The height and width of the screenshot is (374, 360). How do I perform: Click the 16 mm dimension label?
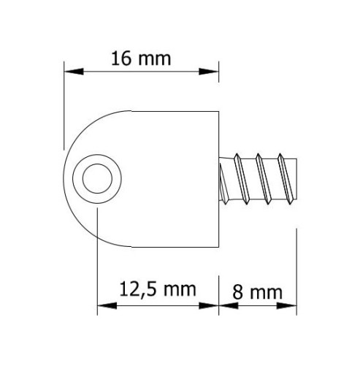[141, 59]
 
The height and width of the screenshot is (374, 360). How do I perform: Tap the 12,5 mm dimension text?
[158, 289]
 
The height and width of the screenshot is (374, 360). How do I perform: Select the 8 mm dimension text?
[258, 292]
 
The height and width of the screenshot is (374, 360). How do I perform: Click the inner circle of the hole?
[97, 178]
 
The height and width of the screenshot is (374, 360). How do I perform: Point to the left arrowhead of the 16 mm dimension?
[74, 72]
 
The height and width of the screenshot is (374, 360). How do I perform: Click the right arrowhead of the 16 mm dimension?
[209, 72]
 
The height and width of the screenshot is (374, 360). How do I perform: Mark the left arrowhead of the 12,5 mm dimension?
[107, 305]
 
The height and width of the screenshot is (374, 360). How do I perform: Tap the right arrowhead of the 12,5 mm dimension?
[209, 305]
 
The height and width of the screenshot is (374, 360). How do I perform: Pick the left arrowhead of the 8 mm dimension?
[229, 305]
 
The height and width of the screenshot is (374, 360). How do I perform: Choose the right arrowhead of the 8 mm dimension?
[286, 305]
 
